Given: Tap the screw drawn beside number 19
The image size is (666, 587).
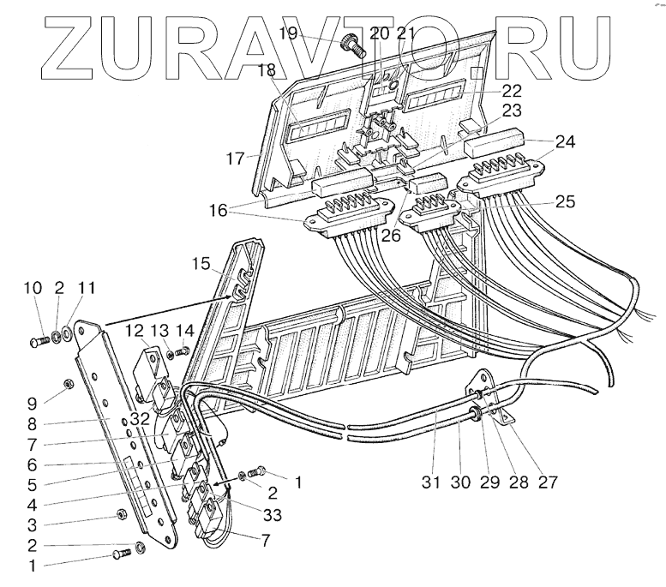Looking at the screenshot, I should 354,45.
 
